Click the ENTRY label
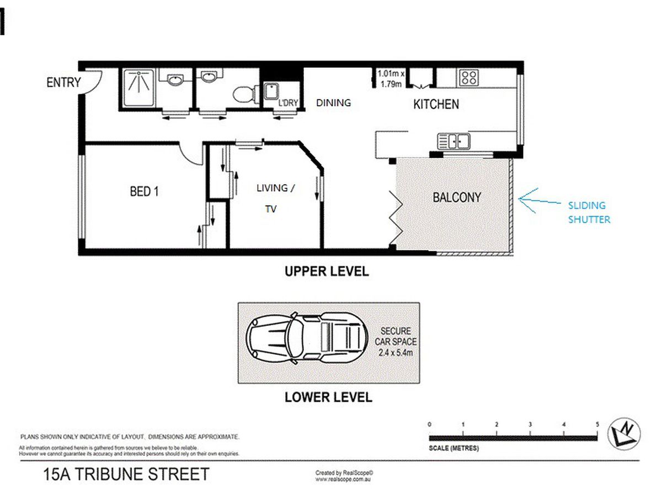coord(63,82)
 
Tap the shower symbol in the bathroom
coord(138,87)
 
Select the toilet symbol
coord(246,94)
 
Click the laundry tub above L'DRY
coord(271,91)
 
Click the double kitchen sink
coord(453,141)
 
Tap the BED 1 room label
coord(144,192)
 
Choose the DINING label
coord(333,103)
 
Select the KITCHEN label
coord(436,104)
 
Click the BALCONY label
coord(457,197)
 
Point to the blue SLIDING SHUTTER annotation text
coord(589,212)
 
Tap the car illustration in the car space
coord(307,337)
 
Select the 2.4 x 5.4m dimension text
coord(396,352)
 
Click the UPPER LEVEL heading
coord(327,271)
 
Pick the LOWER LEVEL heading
coord(328,397)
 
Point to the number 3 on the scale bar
coord(530,424)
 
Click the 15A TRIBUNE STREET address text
coord(126,475)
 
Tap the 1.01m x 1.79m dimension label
coord(391,79)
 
